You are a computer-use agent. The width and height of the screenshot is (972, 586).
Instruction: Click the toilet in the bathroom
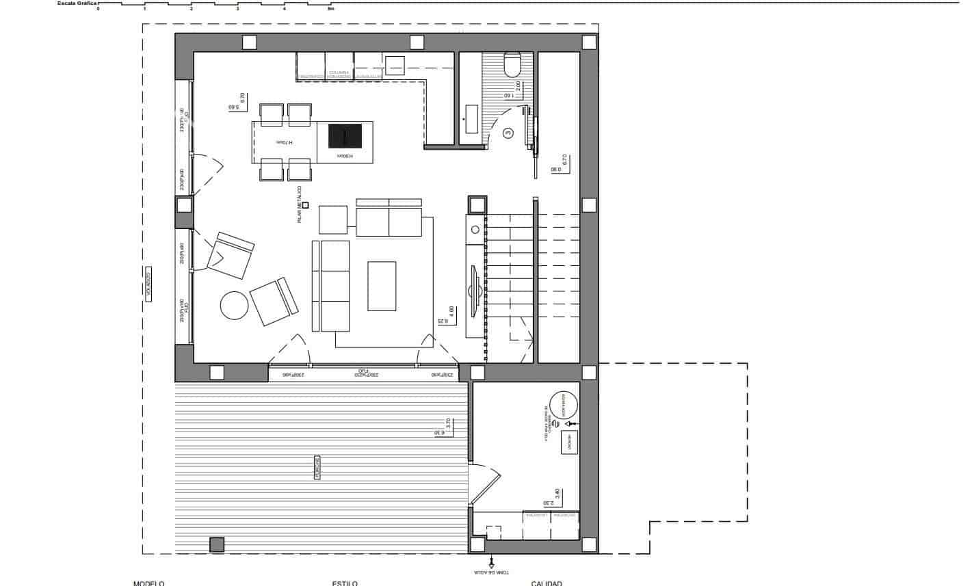pyautogui.click(x=512, y=64)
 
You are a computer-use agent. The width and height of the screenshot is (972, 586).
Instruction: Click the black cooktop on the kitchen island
pyautogui.click(x=345, y=136)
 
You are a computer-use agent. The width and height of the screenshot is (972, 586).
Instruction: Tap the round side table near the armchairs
pyautogui.click(x=235, y=305)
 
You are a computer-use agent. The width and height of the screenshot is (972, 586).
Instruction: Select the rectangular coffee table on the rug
pyautogui.click(x=382, y=286)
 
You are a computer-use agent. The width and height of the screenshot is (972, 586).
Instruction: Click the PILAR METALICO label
pyautogui.click(x=299, y=204)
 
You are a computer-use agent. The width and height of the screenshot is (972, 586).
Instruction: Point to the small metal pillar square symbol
pyautogui.click(x=306, y=204)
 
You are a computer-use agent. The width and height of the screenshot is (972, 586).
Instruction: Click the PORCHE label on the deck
pyautogui.click(x=317, y=468)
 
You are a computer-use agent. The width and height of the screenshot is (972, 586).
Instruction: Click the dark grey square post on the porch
pyautogui.click(x=217, y=544)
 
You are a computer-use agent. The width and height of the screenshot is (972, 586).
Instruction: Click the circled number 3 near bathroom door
pyautogui.click(x=508, y=134)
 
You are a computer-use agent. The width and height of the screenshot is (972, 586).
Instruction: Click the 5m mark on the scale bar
pyautogui.click(x=331, y=9)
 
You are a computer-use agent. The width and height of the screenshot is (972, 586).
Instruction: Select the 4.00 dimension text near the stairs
pyautogui.click(x=452, y=312)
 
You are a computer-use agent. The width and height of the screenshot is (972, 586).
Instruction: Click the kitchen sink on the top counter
pyautogui.click(x=395, y=66)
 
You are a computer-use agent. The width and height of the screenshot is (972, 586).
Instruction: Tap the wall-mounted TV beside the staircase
pyautogui.click(x=473, y=291)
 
